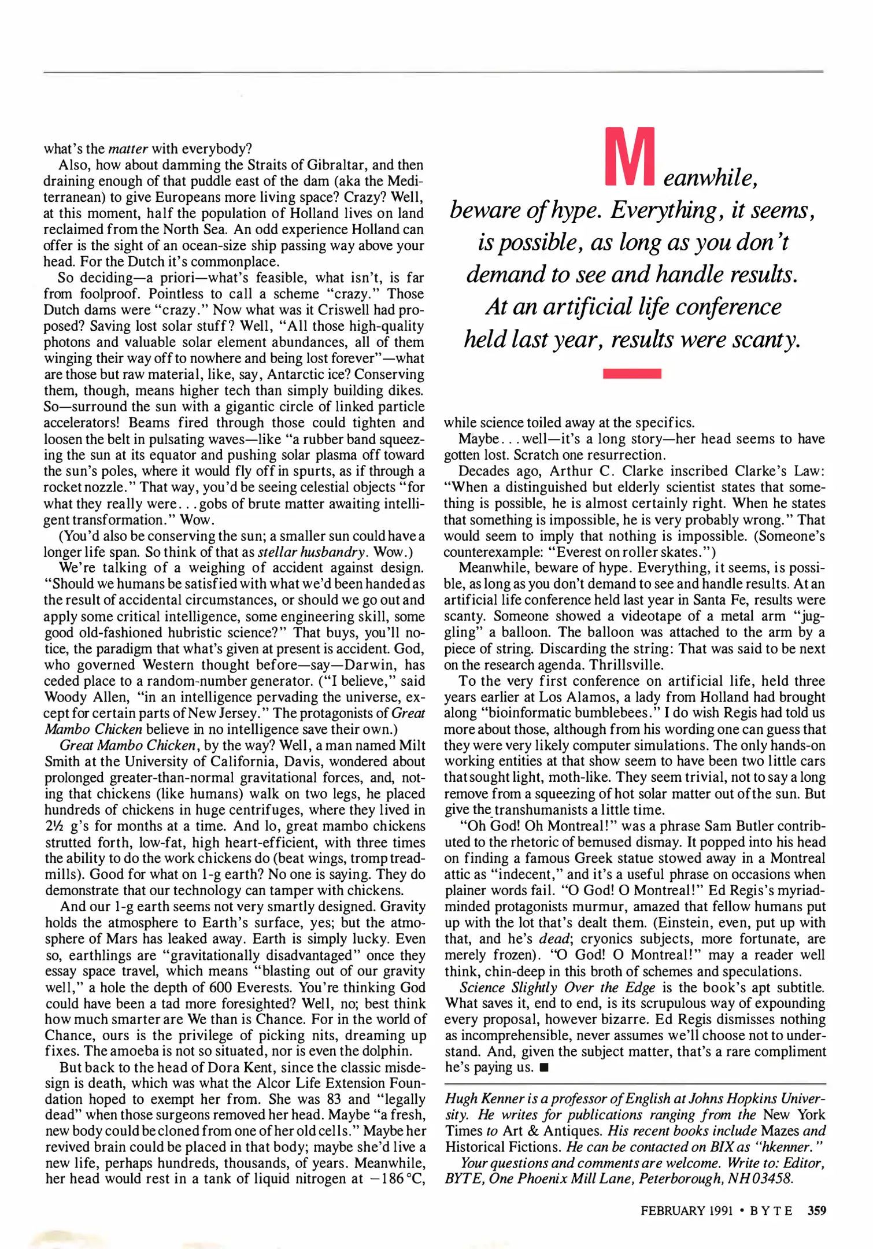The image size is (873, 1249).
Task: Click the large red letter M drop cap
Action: click(x=630, y=157)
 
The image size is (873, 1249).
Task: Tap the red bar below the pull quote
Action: click(x=632, y=374)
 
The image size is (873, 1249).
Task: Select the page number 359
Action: click(x=816, y=1210)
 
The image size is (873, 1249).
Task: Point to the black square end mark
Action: click(x=543, y=1067)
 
